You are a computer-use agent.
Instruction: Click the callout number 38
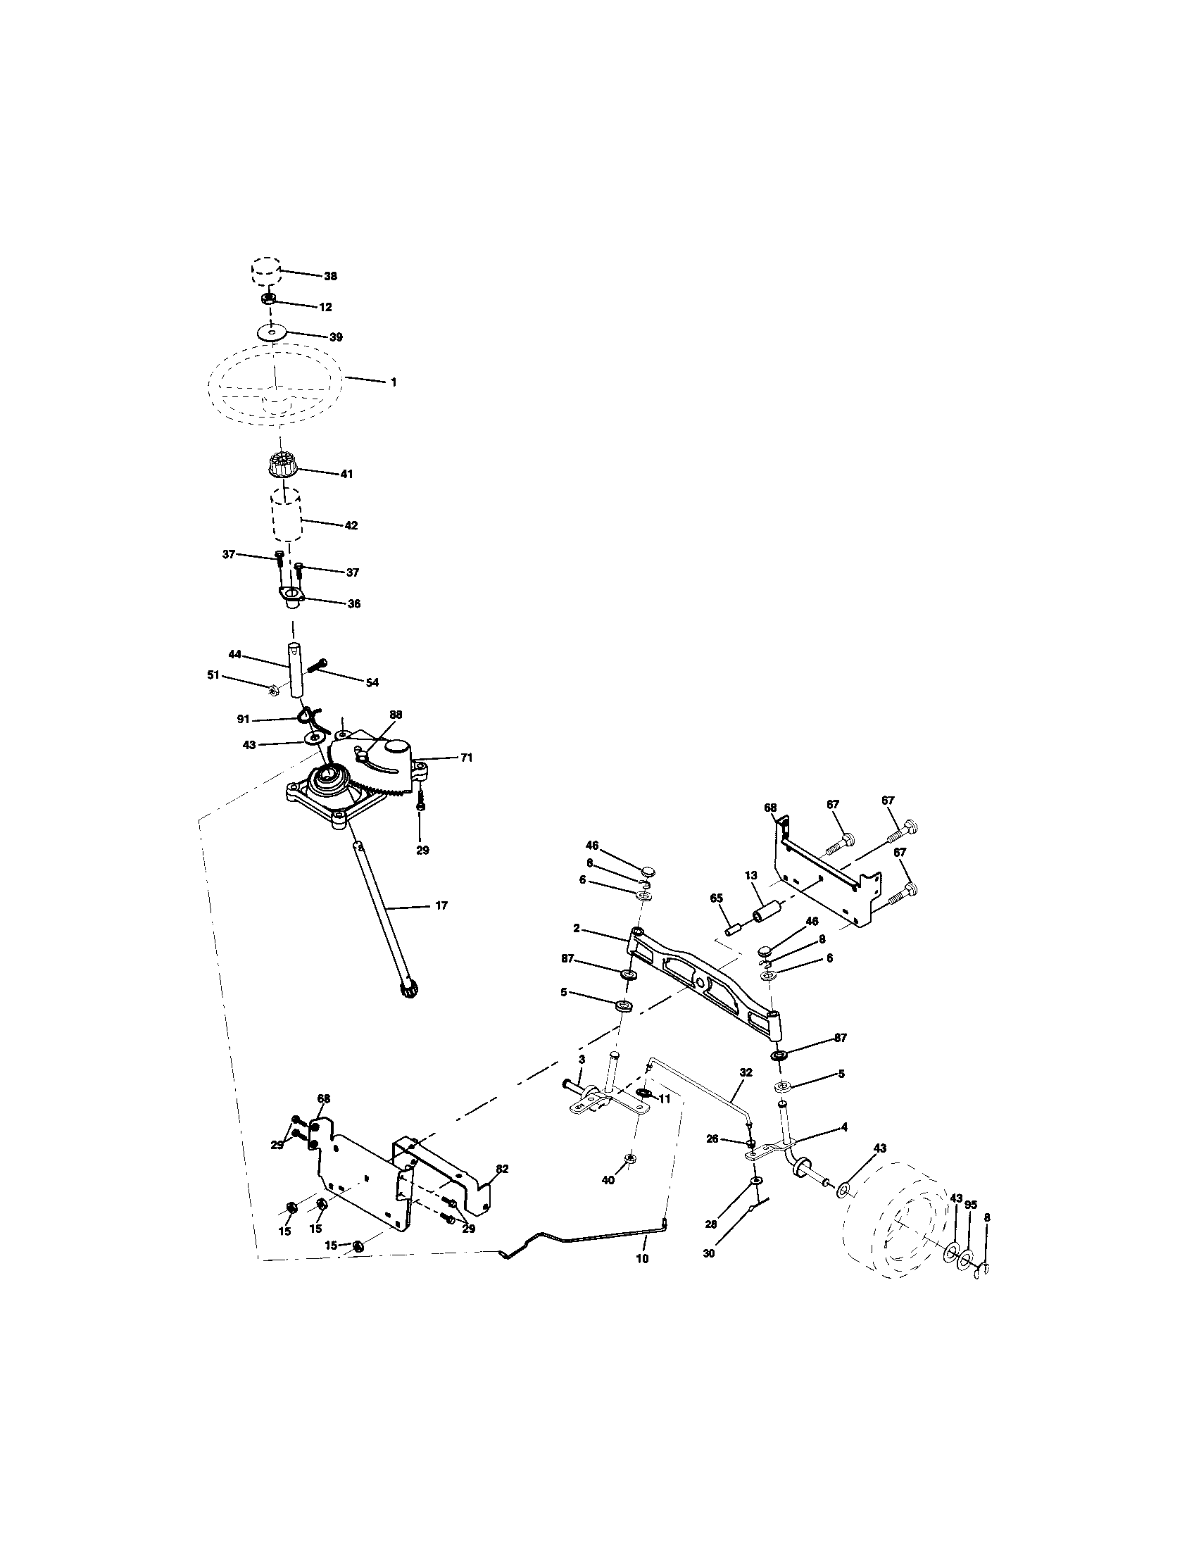330,276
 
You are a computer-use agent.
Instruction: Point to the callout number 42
351,525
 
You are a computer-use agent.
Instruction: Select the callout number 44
234,653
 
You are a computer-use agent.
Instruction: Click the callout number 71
466,758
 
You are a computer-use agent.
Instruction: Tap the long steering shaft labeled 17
383,915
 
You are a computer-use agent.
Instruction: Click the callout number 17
441,905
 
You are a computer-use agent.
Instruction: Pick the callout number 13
752,876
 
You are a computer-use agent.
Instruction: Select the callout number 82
502,1169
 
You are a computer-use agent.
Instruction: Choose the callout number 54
372,682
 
